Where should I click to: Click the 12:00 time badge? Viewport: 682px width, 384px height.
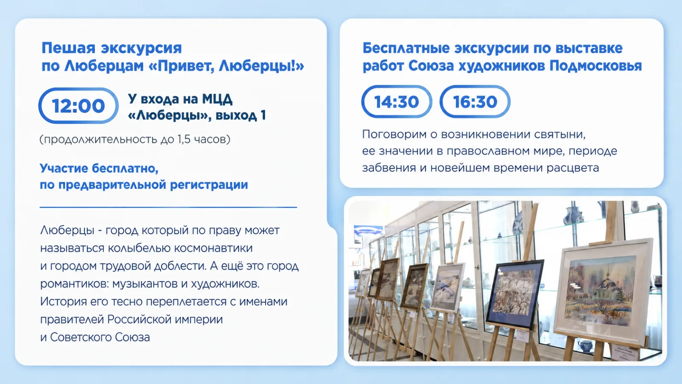point(78,105)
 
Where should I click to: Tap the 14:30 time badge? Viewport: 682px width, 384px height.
point(396,102)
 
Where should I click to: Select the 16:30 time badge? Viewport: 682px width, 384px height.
point(475,102)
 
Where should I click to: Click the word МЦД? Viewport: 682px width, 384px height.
point(217,99)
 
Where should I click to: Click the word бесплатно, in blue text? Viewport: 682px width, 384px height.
point(125,168)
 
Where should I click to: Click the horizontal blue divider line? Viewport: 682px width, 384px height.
point(168,207)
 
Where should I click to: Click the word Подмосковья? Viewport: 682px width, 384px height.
point(596,66)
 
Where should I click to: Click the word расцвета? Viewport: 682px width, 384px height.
point(572,168)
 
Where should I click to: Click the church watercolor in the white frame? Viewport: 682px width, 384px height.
point(602,291)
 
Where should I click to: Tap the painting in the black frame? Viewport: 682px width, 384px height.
point(514,294)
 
